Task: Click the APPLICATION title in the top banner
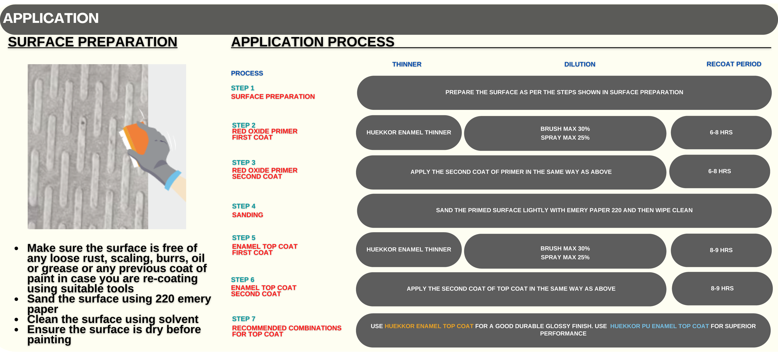point(51,18)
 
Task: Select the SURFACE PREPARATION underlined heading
point(92,42)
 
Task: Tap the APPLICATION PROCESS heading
point(313,42)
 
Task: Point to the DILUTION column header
point(579,64)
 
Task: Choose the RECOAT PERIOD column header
point(734,64)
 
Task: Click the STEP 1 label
point(243,88)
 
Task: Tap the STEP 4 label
point(244,206)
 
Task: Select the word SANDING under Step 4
point(247,215)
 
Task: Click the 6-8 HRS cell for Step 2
point(721,132)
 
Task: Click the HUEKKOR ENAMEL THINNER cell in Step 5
point(409,249)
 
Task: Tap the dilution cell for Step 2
point(565,133)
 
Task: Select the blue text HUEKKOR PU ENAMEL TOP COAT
point(659,326)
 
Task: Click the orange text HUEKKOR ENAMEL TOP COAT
point(429,326)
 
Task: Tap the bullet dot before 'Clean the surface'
point(16,319)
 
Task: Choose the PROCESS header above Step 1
point(247,73)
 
